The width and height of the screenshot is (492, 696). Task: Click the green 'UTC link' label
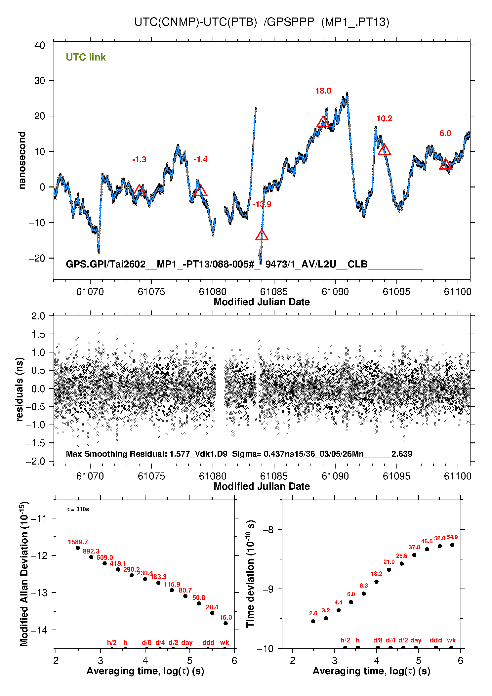pos(86,57)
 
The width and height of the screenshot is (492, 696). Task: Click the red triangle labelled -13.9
pos(262,235)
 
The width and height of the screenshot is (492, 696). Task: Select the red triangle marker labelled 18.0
pos(323,122)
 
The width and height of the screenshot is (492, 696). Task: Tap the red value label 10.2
pos(384,119)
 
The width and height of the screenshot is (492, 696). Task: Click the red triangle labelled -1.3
pos(139,190)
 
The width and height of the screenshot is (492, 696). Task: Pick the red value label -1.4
pos(200,159)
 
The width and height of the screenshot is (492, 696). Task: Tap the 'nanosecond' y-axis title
pos(22,160)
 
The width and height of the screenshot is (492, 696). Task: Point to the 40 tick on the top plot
pos(40,45)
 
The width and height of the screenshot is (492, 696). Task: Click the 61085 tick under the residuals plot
pos(274,476)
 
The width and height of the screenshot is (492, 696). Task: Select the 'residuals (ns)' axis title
pos(20,389)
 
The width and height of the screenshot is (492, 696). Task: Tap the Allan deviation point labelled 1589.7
pos(78,548)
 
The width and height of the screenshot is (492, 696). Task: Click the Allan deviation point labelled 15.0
pos(225,623)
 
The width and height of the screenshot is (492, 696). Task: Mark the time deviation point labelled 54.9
pos(452,545)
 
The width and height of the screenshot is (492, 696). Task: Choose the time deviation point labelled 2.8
pos(313,621)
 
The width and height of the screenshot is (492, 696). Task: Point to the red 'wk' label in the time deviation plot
pos(451,640)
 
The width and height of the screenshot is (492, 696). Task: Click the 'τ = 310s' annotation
pos(78,509)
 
